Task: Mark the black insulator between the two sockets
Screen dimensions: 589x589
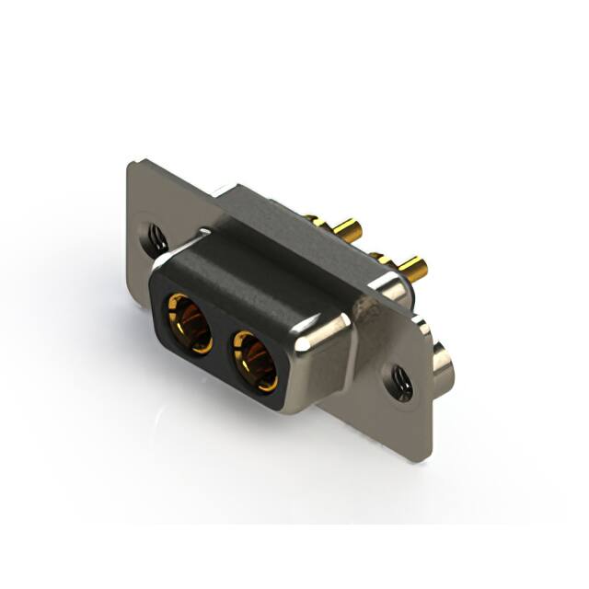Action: [x=222, y=344]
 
